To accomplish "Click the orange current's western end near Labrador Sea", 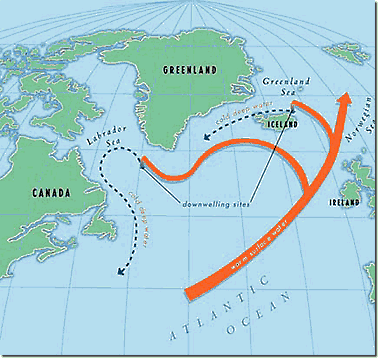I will pos(146,161).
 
